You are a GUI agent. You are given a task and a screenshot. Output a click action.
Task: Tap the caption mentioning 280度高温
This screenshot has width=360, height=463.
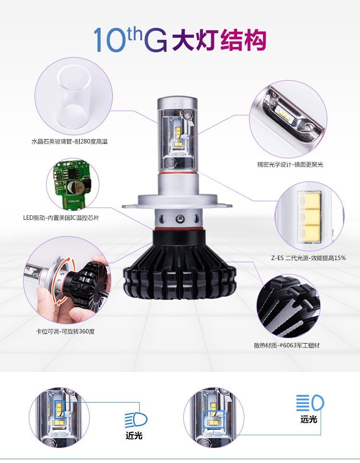[70, 142]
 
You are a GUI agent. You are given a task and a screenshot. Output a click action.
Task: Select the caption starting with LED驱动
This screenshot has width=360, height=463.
[61, 218]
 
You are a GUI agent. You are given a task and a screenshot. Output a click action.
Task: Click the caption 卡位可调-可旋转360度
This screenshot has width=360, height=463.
[65, 332]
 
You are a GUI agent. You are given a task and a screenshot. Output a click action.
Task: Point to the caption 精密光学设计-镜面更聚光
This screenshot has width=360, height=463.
[290, 165]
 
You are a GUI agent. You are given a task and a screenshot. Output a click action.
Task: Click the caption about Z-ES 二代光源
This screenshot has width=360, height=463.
[308, 258]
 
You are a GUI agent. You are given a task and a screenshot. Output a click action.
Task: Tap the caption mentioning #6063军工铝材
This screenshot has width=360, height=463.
[287, 345]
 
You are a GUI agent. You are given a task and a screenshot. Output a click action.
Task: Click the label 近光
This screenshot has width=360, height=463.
[134, 436]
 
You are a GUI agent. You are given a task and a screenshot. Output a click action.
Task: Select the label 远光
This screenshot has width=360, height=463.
[309, 419]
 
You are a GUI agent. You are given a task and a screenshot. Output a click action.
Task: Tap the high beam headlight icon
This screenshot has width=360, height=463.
[310, 403]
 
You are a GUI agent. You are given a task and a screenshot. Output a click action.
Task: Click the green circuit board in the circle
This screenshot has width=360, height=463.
[71, 182]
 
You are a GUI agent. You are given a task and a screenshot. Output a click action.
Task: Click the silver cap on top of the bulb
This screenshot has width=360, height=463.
[177, 103]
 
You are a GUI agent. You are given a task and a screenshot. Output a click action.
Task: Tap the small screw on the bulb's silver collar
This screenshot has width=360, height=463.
[179, 219]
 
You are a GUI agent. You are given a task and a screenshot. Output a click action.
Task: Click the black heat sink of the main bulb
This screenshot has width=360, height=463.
[180, 267]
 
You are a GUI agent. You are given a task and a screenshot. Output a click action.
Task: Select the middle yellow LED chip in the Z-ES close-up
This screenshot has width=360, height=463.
[311, 216]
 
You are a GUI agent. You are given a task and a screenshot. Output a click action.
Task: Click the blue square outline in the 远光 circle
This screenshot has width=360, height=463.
[214, 419]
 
